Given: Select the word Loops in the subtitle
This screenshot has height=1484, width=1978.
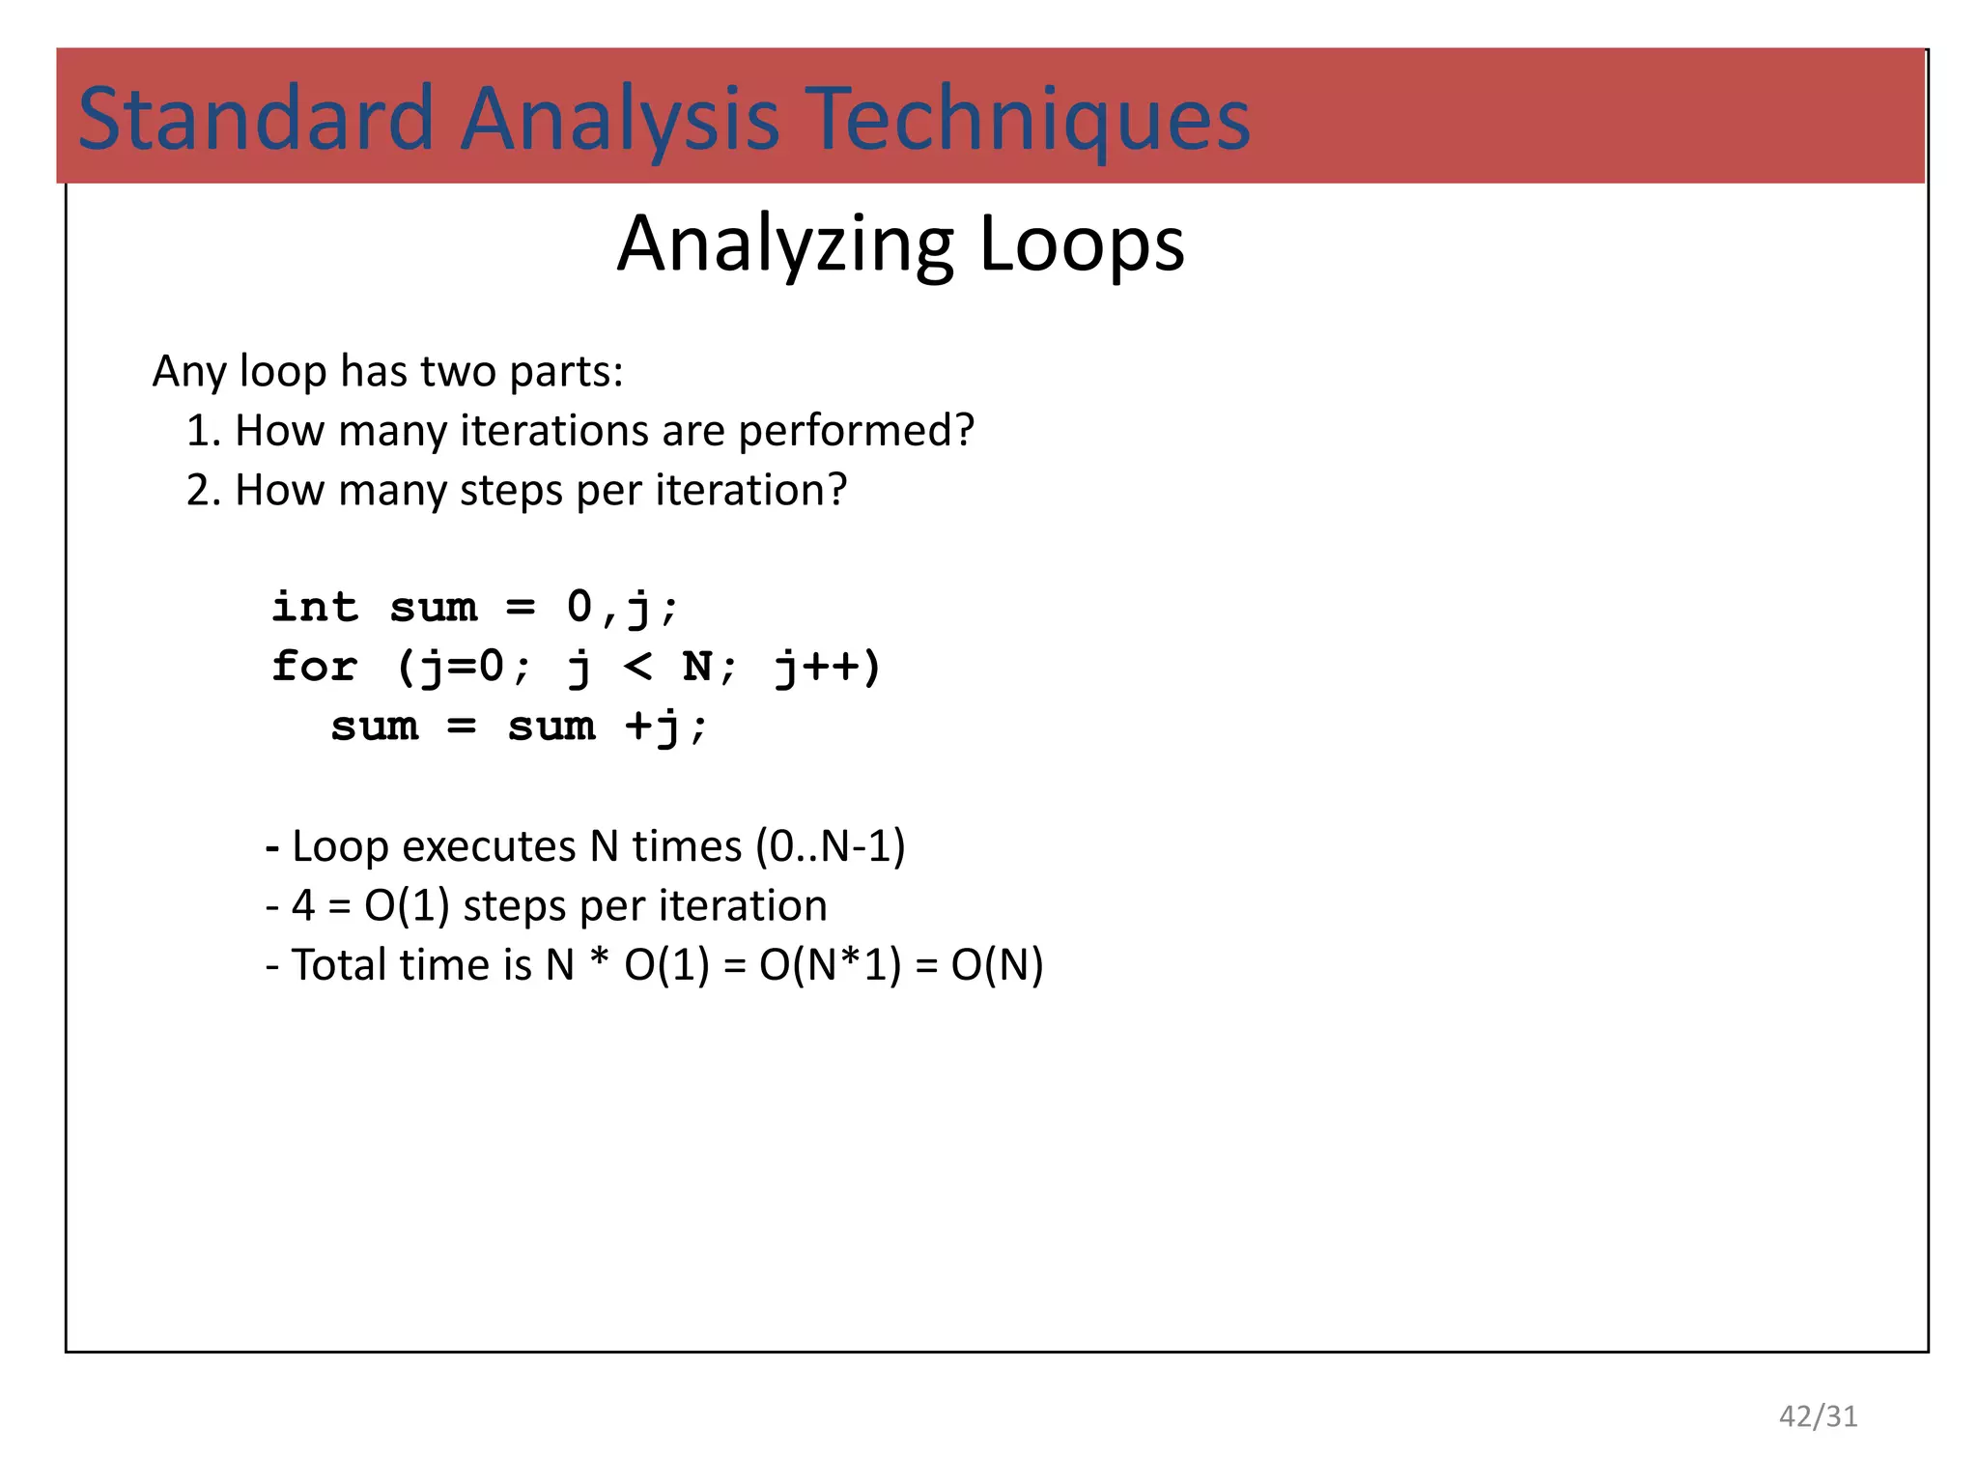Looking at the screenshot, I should (x=1081, y=243).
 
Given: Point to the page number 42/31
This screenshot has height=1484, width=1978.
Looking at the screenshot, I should (x=1818, y=1416).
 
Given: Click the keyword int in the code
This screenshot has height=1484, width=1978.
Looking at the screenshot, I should (x=315, y=607).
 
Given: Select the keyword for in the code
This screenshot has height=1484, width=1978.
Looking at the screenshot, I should (x=315, y=667).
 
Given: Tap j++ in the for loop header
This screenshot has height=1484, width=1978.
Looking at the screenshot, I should (x=828, y=667).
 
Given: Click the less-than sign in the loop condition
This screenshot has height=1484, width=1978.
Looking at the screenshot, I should (x=637, y=667).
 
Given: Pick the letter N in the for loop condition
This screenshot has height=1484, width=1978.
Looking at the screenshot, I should (x=696, y=667).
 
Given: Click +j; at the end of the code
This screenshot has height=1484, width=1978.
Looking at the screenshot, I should (x=666, y=727).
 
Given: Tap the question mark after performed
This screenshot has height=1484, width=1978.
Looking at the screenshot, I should (x=963, y=431).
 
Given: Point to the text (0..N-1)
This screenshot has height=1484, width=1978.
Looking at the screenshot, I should (x=831, y=846).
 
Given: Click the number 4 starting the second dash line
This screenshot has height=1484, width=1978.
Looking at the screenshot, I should (x=302, y=906).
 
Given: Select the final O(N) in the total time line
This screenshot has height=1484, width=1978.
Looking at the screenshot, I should (x=997, y=965).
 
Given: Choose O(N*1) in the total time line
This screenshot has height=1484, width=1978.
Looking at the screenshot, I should (x=830, y=965).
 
